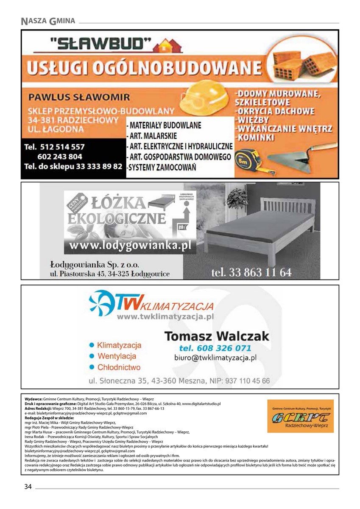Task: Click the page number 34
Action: [28, 487]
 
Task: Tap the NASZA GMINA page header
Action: [48, 20]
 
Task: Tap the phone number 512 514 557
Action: [55, 147]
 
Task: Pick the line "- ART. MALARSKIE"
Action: [153, 136]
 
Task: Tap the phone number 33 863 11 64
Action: [252, 272]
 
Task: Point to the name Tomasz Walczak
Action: [216, 336]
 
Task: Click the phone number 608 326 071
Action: [215, 348]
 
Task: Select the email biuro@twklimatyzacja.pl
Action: [215, 358]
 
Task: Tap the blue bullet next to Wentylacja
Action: [91, 356]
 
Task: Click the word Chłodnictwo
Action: [119, 367]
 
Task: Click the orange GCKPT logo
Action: [301, 416]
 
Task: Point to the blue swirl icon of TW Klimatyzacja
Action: [101, 302]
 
